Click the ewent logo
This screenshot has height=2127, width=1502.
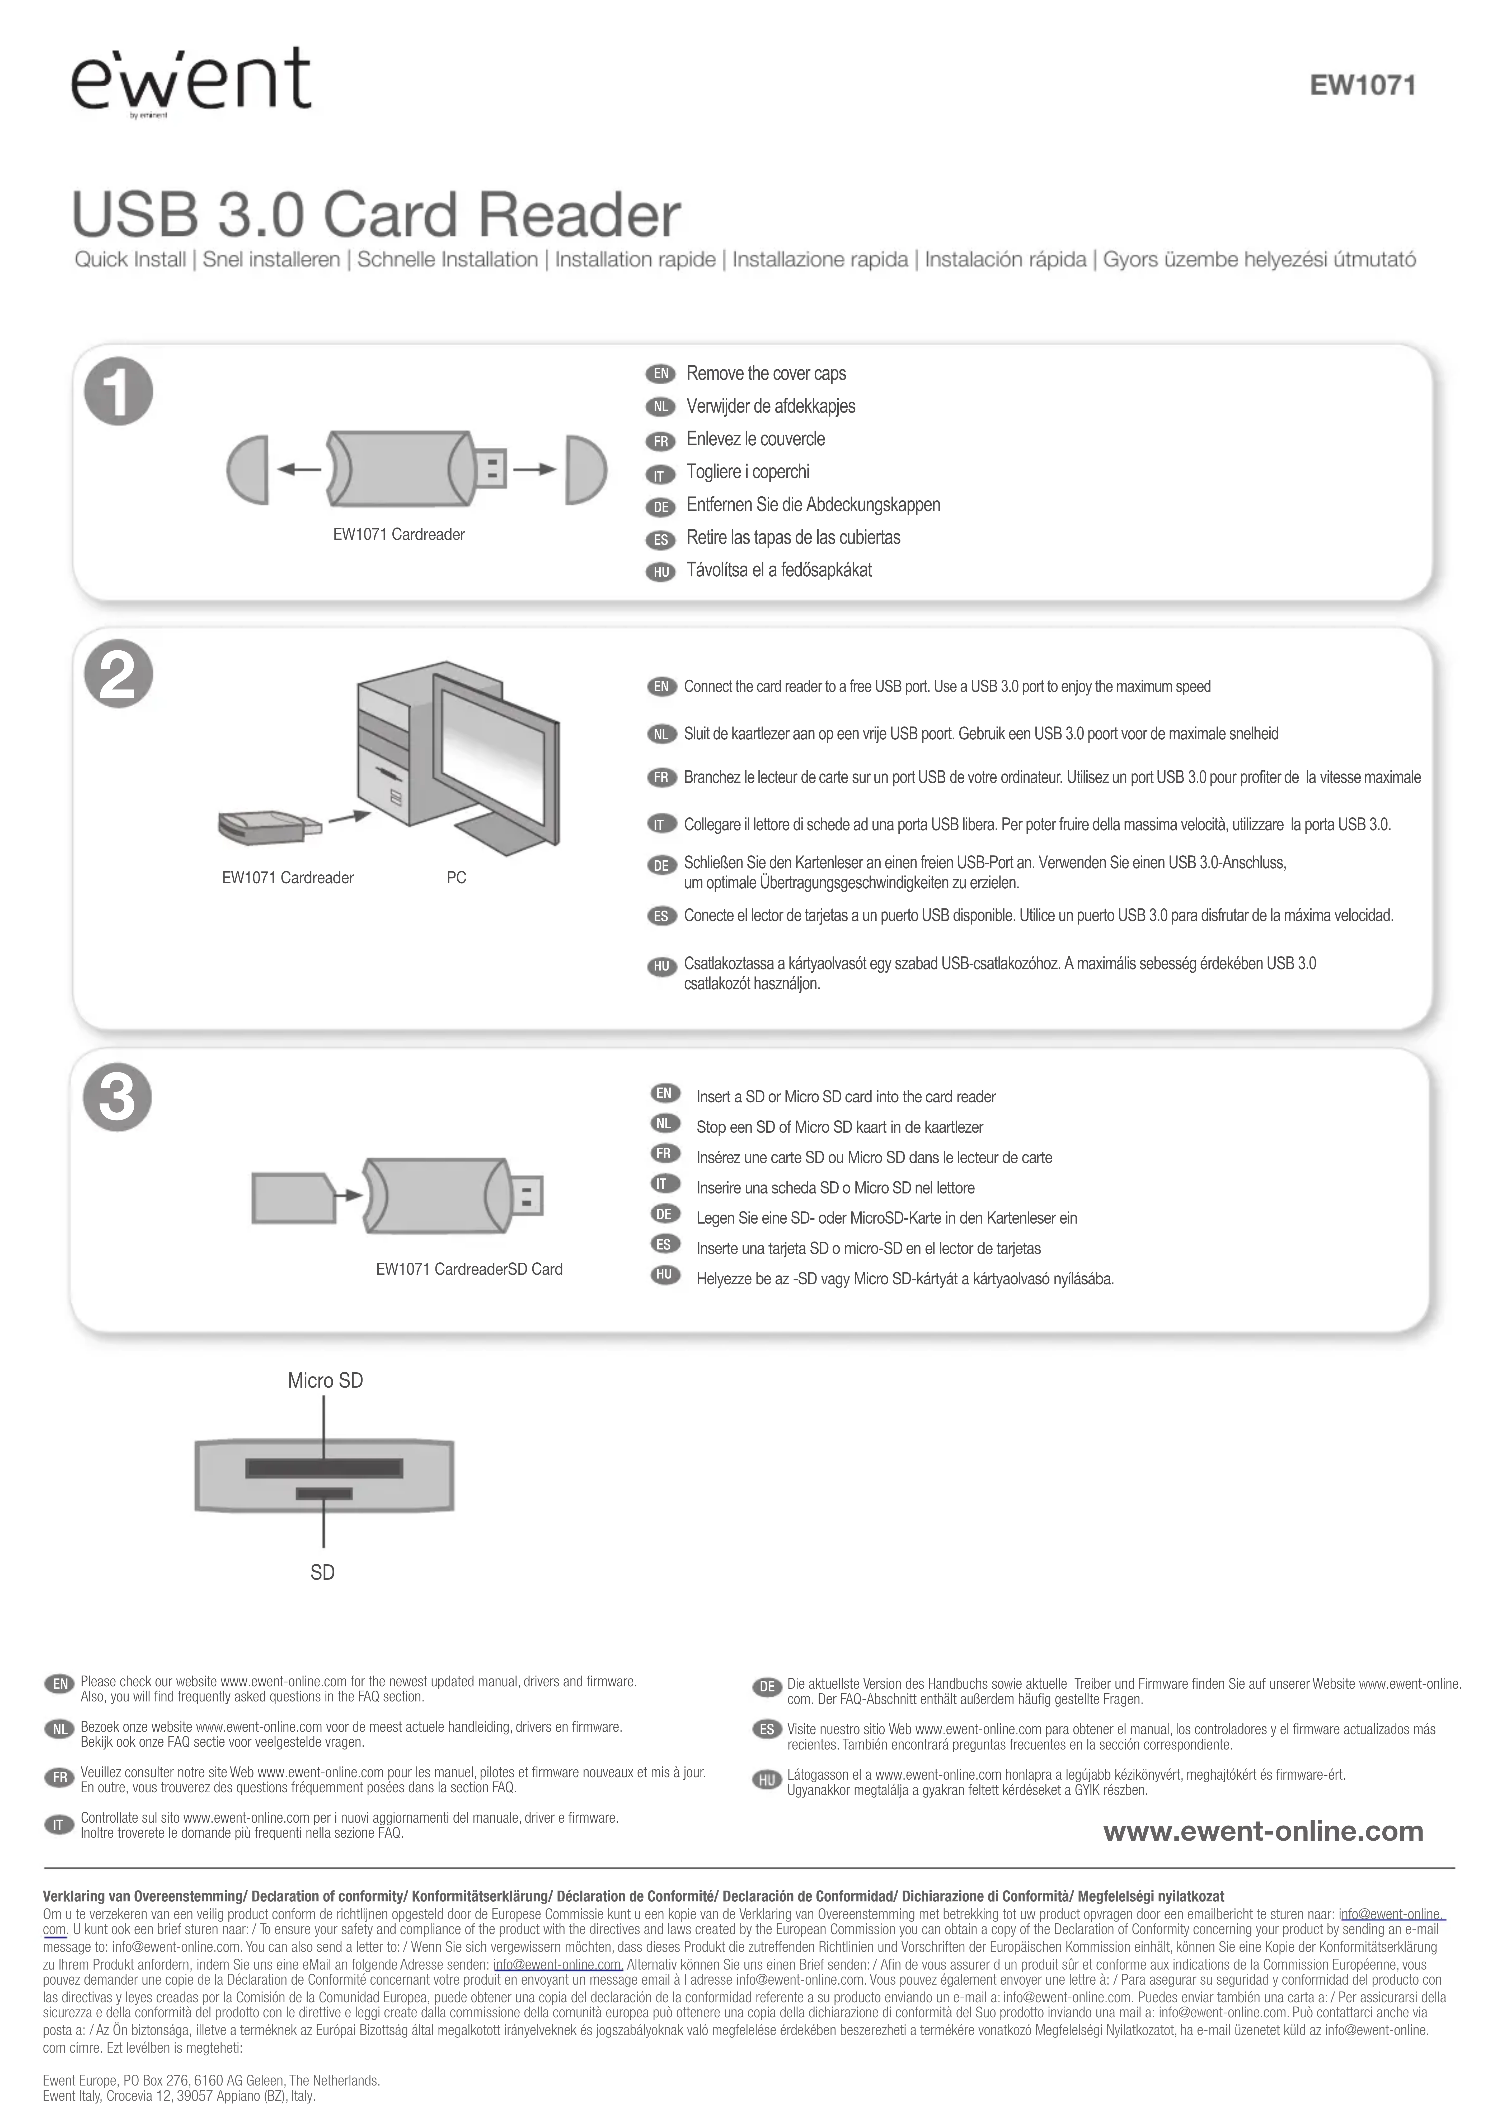point(190,82)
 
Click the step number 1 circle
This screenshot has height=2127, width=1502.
point(119,392)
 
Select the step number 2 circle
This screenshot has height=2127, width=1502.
point(119,674)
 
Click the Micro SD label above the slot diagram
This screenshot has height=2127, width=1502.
point(325,1380)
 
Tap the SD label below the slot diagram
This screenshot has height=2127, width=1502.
point(322,1572)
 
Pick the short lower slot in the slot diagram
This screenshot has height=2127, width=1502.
point(324,1493)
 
